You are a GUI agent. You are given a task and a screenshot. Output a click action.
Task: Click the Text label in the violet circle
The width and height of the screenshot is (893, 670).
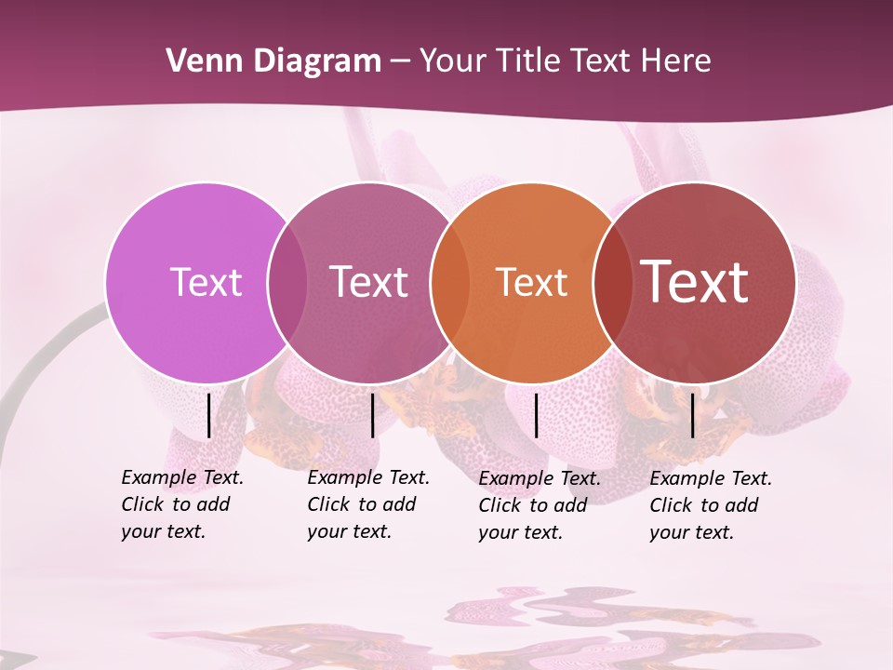pos(206,282)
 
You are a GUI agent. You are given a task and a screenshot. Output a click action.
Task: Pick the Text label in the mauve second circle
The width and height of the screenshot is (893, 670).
pos(369,282)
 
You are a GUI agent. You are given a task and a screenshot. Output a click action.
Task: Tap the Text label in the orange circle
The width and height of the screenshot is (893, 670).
pos(531,282)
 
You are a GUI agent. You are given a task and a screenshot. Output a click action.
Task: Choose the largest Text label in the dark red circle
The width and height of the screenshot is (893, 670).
pos(695,282)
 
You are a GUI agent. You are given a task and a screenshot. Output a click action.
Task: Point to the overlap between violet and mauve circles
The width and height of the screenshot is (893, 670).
pos(287,282)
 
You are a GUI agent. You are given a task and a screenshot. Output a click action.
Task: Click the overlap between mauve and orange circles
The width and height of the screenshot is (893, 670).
pos(450,282)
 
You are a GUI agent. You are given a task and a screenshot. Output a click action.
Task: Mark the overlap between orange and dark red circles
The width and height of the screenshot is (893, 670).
pos(612,282)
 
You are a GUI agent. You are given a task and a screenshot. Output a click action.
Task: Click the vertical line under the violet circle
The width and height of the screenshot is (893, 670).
pos(208,415)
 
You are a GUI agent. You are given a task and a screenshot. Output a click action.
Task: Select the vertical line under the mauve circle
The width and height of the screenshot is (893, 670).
pos(372,415)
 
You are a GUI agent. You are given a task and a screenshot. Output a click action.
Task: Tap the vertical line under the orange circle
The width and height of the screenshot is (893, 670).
pos(536,415)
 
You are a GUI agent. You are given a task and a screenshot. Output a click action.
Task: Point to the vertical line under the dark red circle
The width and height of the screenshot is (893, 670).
pos(693,415)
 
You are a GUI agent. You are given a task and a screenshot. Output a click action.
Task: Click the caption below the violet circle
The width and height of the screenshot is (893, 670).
pos(181,504)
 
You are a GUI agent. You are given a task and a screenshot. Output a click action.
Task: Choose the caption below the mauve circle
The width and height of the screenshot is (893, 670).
pos(367,504)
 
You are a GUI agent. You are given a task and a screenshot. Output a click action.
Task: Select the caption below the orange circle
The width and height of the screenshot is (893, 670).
pos(539,505)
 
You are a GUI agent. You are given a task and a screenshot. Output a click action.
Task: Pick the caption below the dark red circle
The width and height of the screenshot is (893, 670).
pos(710,505)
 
